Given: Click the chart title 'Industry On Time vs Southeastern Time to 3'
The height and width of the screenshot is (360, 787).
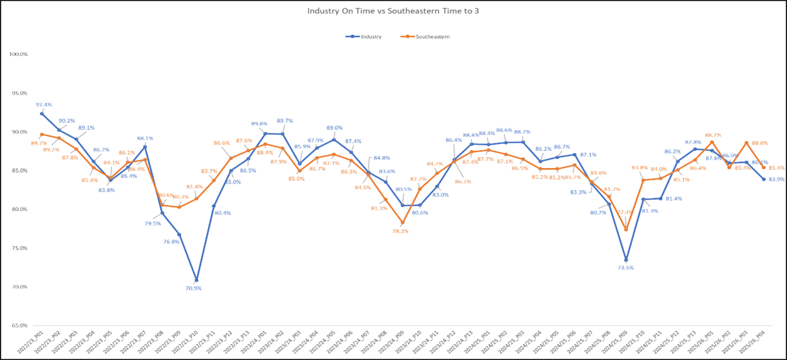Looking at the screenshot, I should (393, 11).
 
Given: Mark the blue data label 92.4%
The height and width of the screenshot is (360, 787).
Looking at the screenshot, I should (44, 104).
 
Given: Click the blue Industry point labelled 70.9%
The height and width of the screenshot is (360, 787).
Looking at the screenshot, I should (196, 280).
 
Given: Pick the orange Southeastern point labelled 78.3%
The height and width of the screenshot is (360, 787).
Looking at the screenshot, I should (402, 223).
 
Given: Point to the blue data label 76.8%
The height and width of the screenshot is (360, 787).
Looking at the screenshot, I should (171, 242).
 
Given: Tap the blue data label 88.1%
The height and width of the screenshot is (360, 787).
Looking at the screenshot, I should (145, 138).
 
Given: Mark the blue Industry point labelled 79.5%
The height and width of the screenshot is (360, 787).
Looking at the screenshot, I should (162, 213).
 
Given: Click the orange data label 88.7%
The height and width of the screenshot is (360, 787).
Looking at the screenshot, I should (713, 135).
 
